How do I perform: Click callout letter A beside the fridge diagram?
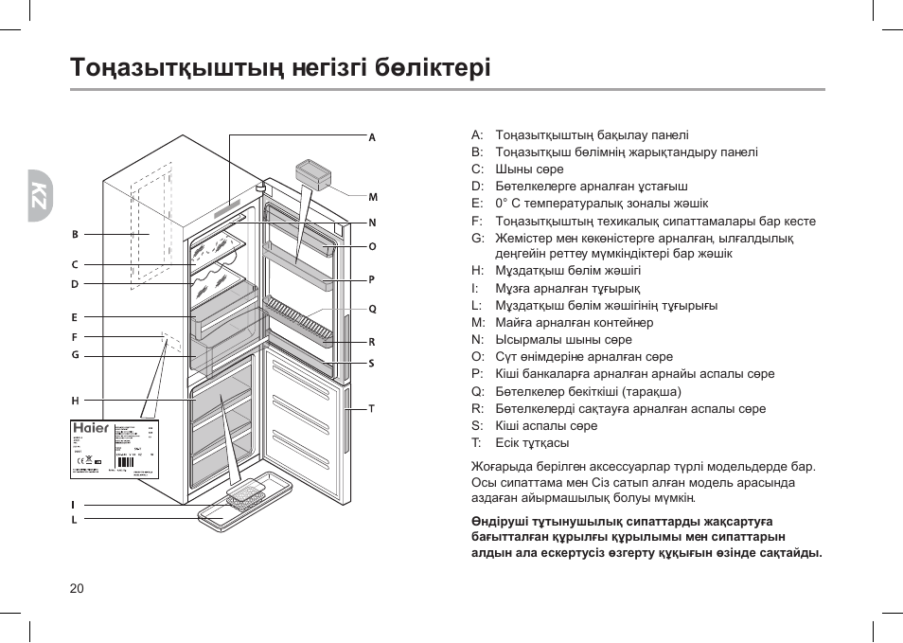[372, 137]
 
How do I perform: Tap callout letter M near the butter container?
[372, 197]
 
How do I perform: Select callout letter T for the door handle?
[372, 408]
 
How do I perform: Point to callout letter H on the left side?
[75, 401]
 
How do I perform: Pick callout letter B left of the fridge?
[75, 234]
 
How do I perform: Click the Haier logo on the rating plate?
[91, 428]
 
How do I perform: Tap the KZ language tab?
[39, 194]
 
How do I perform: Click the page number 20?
[77, 588]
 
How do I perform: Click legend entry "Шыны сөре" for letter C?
[529, 170]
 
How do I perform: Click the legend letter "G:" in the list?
[477, 238]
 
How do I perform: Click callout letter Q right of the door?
[372, 309]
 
